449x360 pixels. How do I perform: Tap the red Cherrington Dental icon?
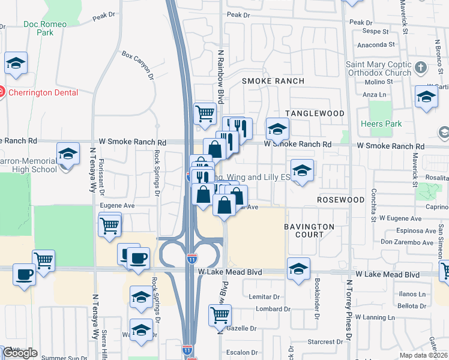coord(1,92)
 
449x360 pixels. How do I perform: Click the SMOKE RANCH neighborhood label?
coord(273,80)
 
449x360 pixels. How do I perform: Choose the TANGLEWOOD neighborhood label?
coord(315,113)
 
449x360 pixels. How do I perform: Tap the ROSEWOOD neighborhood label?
coord(341,199)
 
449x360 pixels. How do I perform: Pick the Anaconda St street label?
coord(375,44)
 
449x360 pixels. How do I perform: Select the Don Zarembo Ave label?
coord(406,242)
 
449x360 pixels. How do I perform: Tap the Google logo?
coord(19,353)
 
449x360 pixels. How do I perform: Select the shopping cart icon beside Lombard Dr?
coord(220,314)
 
